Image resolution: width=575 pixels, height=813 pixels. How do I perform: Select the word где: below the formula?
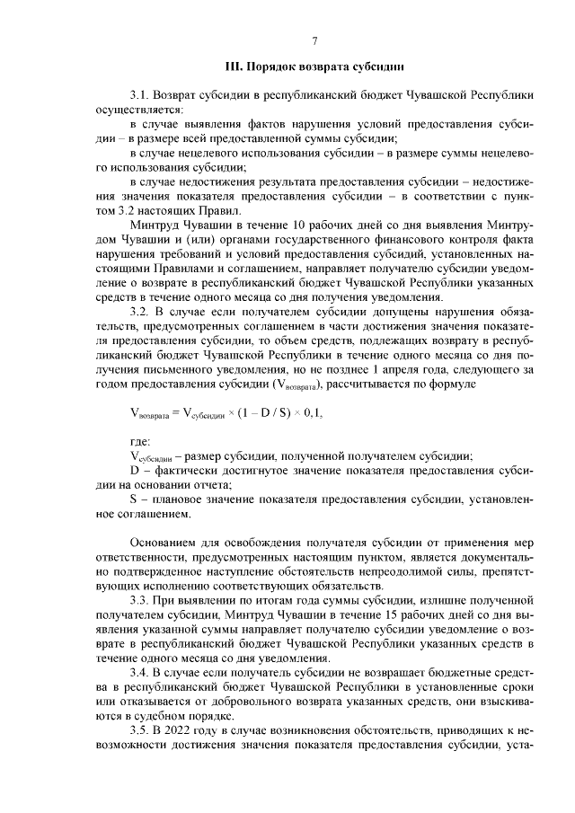(140, 442)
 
